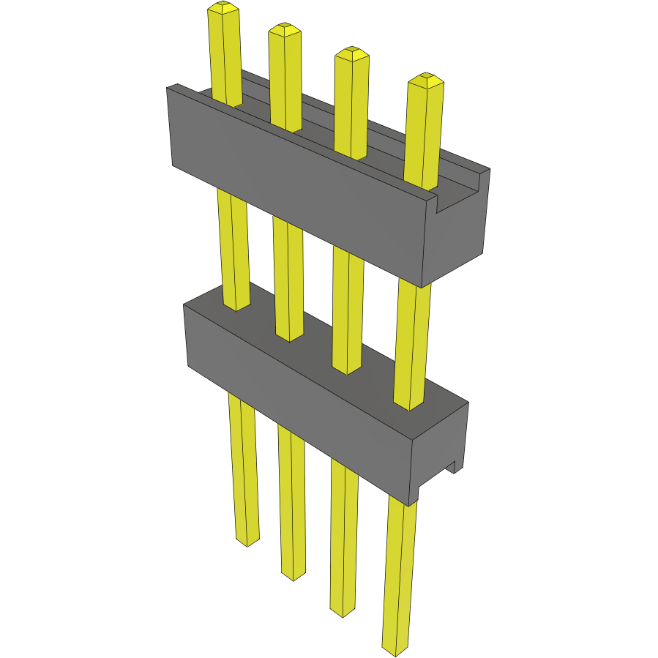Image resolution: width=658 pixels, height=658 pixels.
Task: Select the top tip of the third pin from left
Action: point(351,53)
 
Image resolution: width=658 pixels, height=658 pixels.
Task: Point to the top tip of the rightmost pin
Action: point(426,80)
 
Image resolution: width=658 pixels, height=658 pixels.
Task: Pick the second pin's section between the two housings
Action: point(288,278)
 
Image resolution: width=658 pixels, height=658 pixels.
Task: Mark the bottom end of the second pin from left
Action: point(293,575)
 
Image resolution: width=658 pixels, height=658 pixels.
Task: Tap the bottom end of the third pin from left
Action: point(342,612)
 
